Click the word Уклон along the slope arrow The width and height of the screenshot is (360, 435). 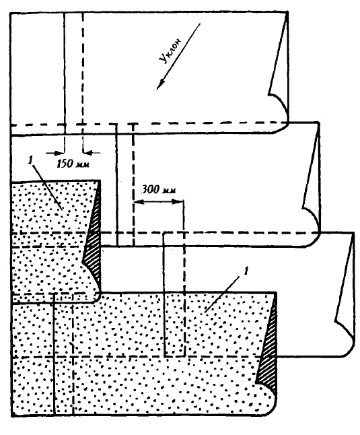pyautogui.click(x=171, y=51)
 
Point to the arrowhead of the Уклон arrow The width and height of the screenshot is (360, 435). pyautogui.click(x=160, y=84)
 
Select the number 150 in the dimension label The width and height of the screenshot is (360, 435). pyautogui.click(x=65, y=164)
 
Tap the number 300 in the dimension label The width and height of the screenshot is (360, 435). pyautogui.click(x=150, y=189)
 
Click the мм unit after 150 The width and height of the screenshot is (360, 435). pyautogui.click(x=83, y=164)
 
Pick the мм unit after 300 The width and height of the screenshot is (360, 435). pyautogui.click(x=169, y=191)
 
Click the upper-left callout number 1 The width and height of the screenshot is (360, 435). pyautogui.click(x=30, y=160)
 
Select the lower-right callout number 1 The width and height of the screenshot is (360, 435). pyautogui.click(x=245, y=271)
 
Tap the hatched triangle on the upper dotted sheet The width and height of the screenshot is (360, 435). pyautogui.click(x=94, y=244)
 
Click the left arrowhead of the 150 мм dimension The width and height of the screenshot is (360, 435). pyautogui.click(x=59, y=153)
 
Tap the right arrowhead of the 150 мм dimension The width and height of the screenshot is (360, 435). pyautogui.click(x=87, y=152)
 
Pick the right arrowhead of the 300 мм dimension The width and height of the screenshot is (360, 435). pyautogui.click(x=178, y=202)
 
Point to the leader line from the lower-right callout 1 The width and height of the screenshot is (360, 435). pyautogui.click(x=221, y=294)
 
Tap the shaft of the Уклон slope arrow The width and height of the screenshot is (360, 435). pyautogui.click(x=178, y=57)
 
